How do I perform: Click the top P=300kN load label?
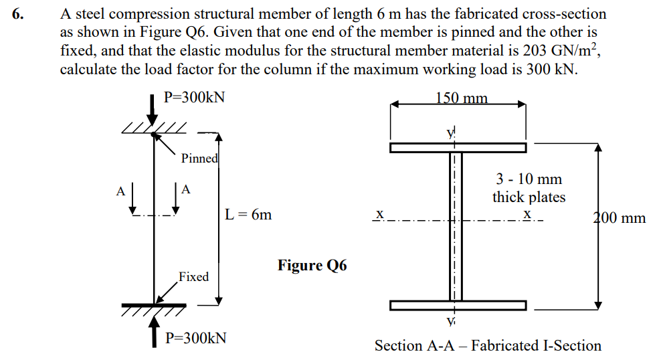(194, 97)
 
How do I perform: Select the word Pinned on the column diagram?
(199, 159)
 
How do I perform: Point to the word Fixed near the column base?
(193, 276)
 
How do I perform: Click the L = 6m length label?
(250, 215)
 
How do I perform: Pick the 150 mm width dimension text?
(462, 98)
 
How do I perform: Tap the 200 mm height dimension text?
(620, 217)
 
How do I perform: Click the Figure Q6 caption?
(312, 266)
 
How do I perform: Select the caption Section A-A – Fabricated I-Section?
(488, 345)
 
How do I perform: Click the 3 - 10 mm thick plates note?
(529, 188)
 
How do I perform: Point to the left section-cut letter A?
(120, 190)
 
